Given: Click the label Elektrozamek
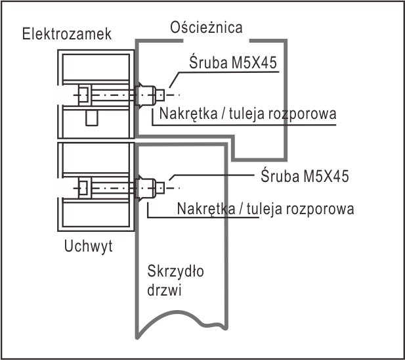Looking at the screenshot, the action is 67,34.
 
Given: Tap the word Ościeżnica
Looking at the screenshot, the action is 206,27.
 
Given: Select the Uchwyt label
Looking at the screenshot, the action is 88,246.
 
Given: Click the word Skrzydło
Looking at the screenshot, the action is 175,271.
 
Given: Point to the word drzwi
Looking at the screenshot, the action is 164,290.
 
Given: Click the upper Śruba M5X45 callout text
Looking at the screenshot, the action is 233,62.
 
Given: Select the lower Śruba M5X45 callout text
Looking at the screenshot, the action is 305,176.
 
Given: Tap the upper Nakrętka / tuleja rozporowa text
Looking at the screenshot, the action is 247,114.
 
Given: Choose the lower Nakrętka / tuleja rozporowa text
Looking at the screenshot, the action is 265,209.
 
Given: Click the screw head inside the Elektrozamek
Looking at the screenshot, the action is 83,95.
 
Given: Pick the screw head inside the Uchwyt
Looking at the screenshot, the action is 83,188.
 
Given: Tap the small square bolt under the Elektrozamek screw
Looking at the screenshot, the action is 92,118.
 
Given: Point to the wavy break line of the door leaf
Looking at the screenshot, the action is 182,323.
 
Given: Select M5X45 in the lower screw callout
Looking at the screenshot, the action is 326,176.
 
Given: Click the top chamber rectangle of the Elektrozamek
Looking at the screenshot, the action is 96,68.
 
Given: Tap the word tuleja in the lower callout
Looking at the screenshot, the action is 264,209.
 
